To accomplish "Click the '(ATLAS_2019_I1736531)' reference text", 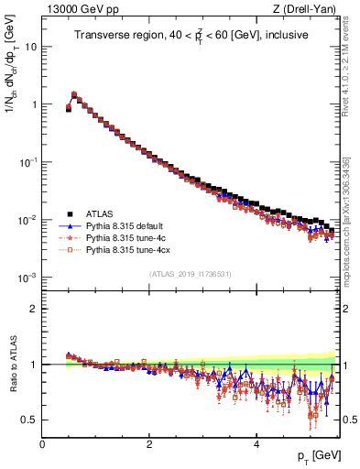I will [190, 274].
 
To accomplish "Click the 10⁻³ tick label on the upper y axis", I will [27, 277].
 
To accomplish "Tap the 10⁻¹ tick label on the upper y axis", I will [27, 161].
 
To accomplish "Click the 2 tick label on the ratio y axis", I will [34, 308].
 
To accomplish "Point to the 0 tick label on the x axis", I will [42, 443].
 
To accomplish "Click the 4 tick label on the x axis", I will [256, 443].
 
